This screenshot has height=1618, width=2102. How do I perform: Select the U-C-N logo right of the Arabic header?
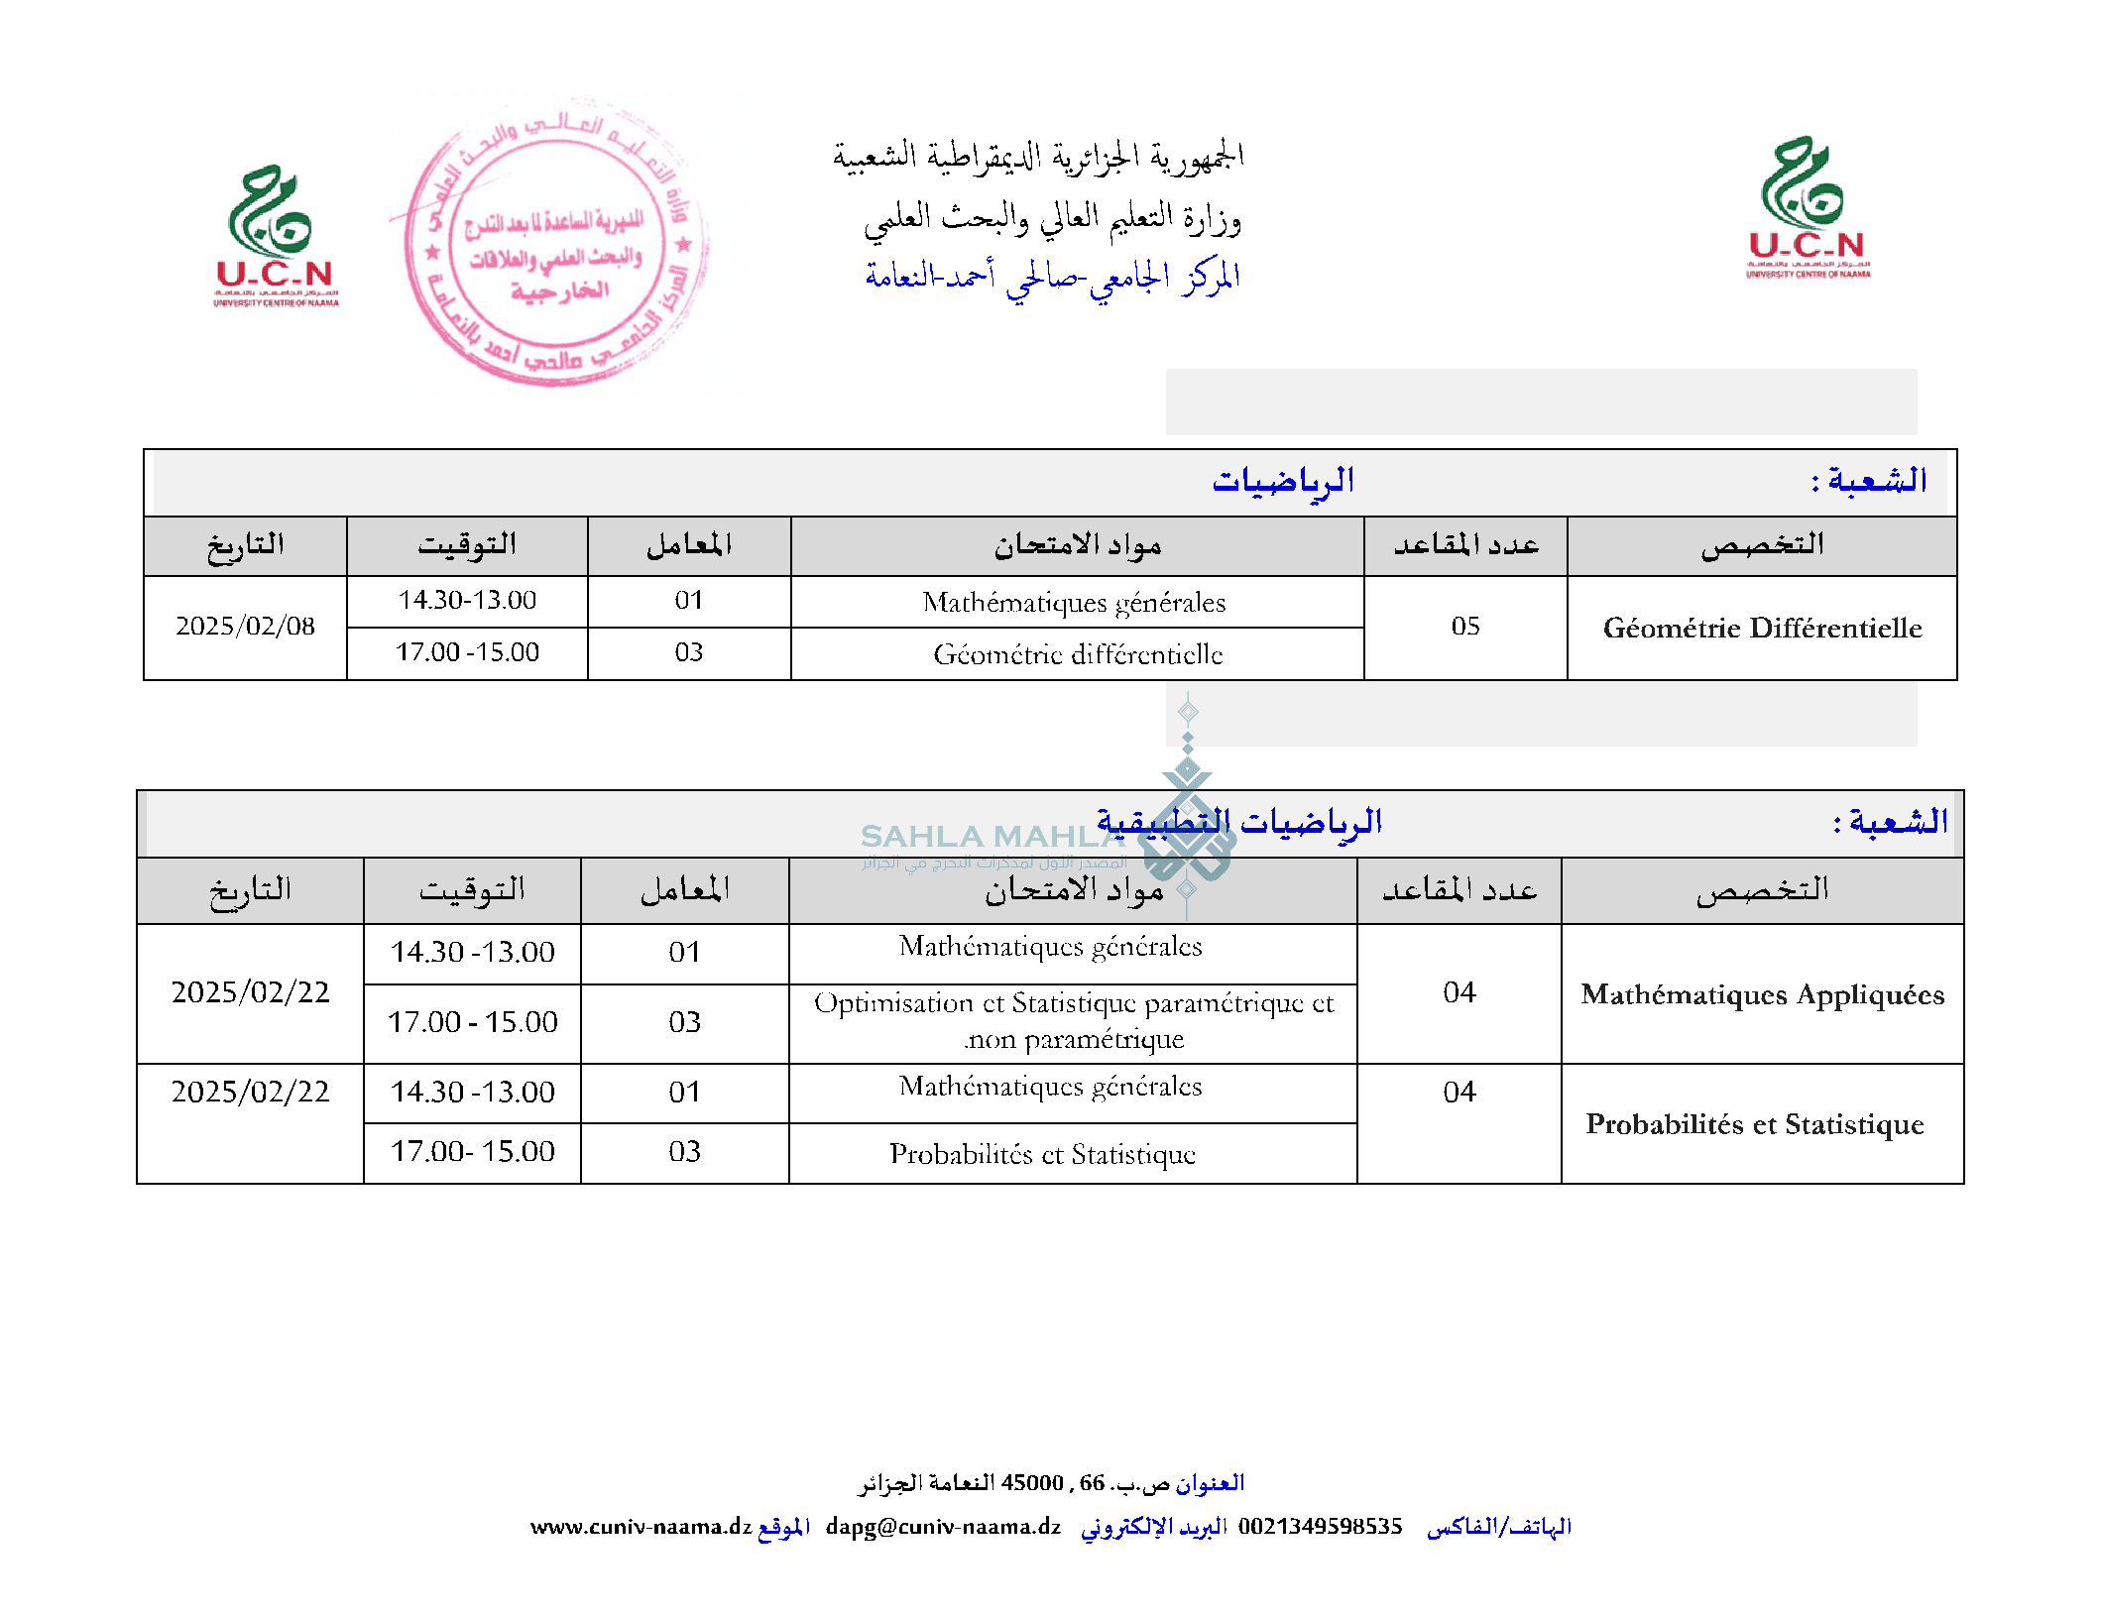(1807, 209)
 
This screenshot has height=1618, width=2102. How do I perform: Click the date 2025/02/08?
(245, 627)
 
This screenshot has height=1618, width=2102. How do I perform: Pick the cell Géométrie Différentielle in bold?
(1762, 628)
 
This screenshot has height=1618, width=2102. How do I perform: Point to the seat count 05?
(1464, 627)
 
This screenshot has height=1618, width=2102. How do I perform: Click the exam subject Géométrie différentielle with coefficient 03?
(1078, 654)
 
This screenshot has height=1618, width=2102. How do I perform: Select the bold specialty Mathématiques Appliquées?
(1762, 994)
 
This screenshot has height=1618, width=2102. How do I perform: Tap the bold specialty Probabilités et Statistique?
(1754, 1124)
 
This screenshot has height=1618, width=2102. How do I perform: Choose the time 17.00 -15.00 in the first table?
(467, 652)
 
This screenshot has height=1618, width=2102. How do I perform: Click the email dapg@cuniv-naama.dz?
(943, 1527)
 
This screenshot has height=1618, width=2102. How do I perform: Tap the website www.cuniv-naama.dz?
(641, 1527)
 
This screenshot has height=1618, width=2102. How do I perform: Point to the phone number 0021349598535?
(1320, 1527)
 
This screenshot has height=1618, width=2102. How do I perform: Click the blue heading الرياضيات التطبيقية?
(1238, 822)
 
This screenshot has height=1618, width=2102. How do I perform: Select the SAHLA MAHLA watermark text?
(992, 837)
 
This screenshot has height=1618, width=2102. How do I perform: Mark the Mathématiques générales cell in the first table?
(1074, 603)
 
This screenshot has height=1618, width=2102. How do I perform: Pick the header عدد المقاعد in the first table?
(1465, 545)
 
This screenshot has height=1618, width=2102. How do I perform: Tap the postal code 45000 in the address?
(1032, 1483)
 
